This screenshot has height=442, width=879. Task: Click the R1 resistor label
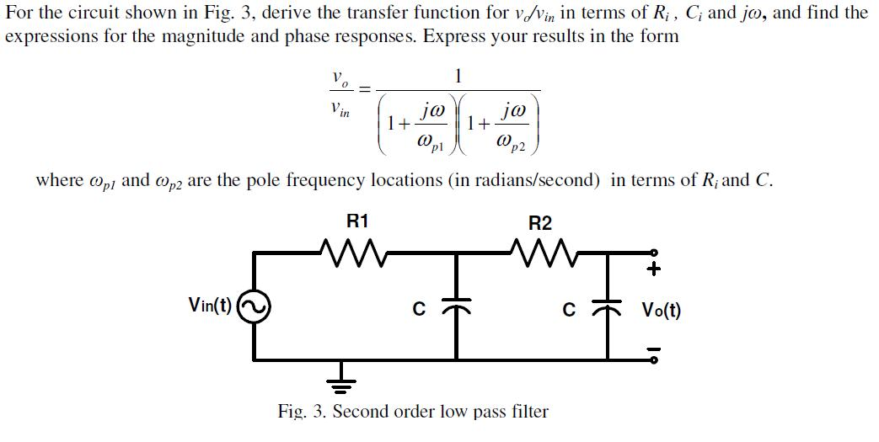[x=358, y=221]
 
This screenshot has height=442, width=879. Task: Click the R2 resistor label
[x=540, y=223]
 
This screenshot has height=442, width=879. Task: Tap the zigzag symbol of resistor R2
[x=543, y=250]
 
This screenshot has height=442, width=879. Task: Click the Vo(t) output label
[x=662, y=310]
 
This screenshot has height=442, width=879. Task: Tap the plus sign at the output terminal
[x=655, y=269]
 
